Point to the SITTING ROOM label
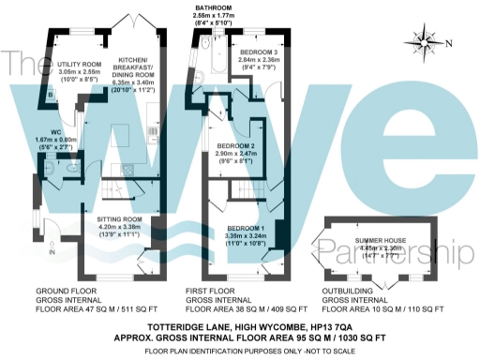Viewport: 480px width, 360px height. pyautogui.click(x=119, y=218)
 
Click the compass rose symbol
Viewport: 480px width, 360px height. pyautogui.click(x=426, y=41)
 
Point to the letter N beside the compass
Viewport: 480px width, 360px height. pyautogui.click(x=448, y=43)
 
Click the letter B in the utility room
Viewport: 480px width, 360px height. pyautogui.click(x=49, y=95)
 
